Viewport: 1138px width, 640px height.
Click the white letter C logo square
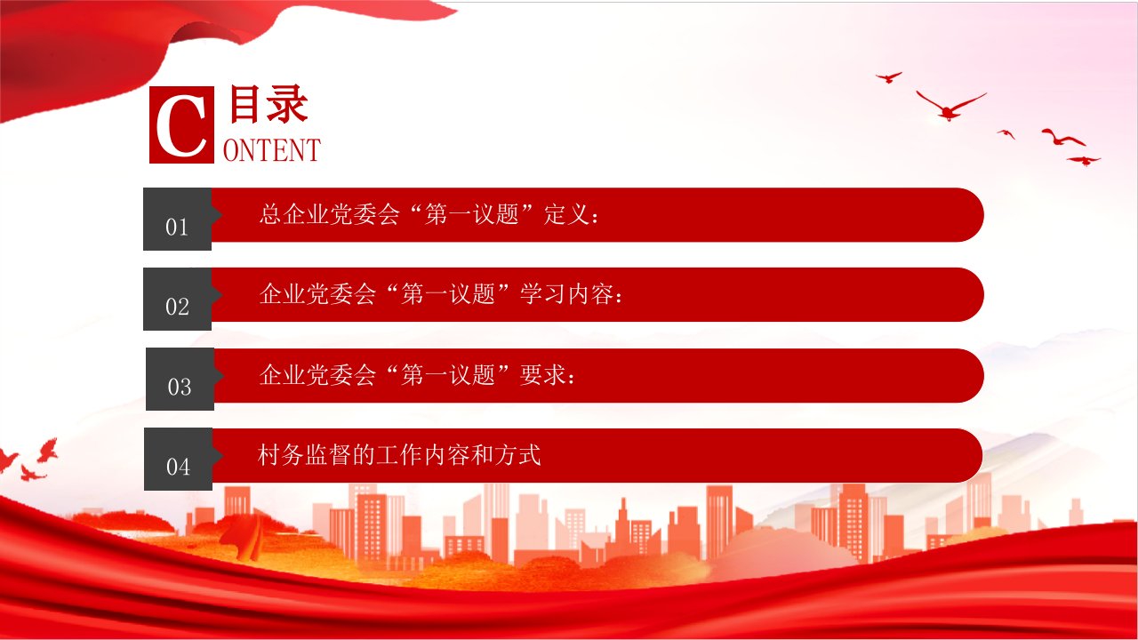tap(181, 125)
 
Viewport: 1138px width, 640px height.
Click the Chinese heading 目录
tap(268, 104)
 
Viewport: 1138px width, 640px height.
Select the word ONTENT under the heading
tap(272, 150)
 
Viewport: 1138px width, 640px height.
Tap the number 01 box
tap(177, 219)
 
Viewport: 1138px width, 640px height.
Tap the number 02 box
tap(177, 300)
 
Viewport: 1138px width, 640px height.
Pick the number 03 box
tap(180, 379)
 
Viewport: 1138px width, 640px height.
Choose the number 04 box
tap(179, 460)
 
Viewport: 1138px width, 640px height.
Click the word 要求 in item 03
tap(542, 375)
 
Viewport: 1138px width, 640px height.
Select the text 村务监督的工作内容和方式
tap(399, 454)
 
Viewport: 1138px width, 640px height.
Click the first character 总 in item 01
tap(270, 214)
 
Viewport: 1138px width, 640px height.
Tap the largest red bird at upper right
tap(950, 106)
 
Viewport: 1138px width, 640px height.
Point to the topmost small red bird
tap(888, 77)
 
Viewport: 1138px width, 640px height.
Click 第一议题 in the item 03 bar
tap(447, 375)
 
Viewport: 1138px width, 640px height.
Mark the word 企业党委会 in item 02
tap(317, 294)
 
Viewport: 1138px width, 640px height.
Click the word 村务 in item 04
tap(281, 454)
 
